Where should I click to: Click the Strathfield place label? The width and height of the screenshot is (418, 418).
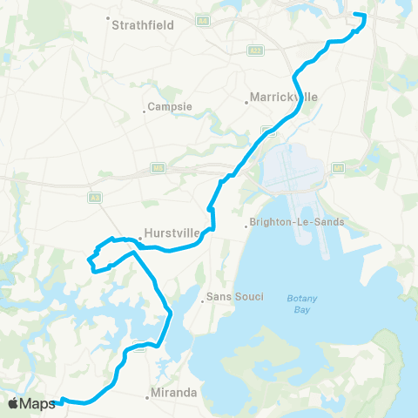tap(144, 25)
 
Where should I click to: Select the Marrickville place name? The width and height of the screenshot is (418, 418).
tap(283, 97)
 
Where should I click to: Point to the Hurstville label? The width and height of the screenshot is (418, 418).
tap(172, 233)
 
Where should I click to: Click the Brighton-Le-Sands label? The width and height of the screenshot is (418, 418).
tap(297, 222)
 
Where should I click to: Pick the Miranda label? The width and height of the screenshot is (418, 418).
tap(173, 393)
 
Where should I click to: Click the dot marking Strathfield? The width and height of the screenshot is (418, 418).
tap(108, 18)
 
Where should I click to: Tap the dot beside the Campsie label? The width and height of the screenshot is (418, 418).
tap(145, 111)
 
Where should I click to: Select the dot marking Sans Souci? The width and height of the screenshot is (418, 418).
tap(203, 301)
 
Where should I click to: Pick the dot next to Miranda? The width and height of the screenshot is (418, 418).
tap(148, 396)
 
